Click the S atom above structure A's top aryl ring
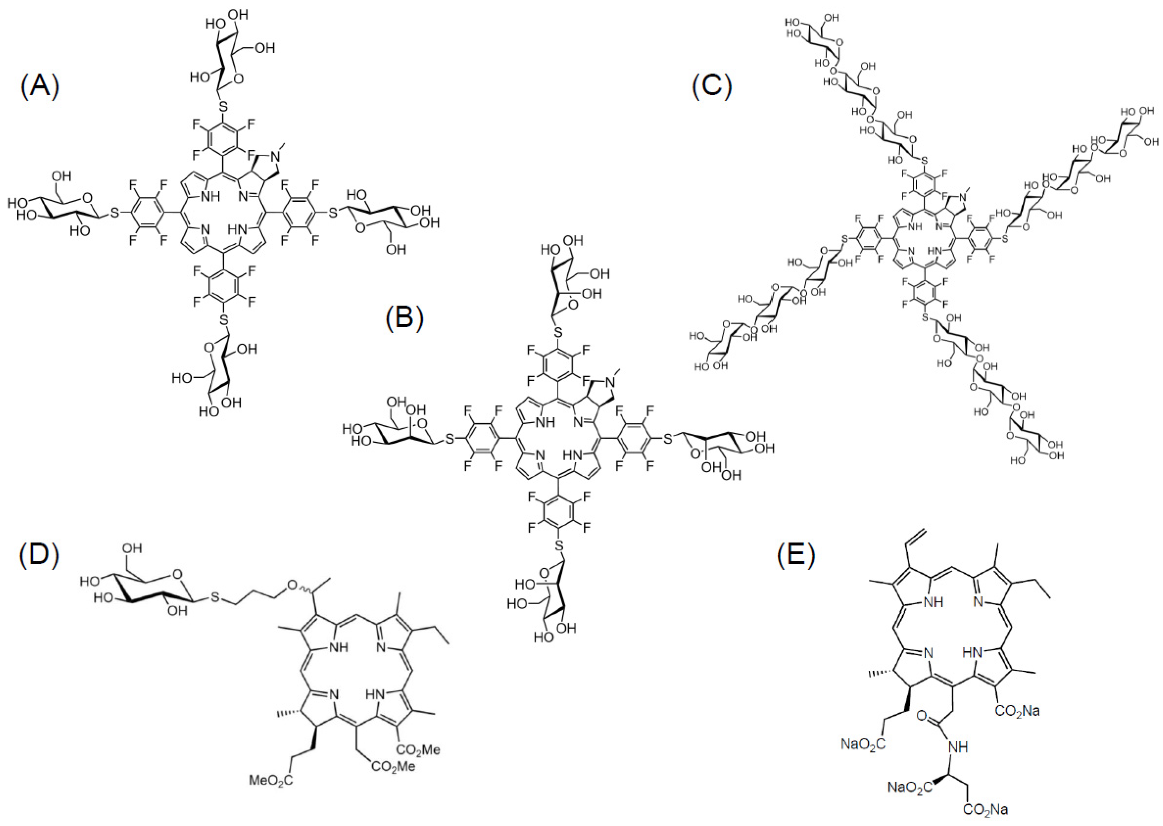coord(223,107)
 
